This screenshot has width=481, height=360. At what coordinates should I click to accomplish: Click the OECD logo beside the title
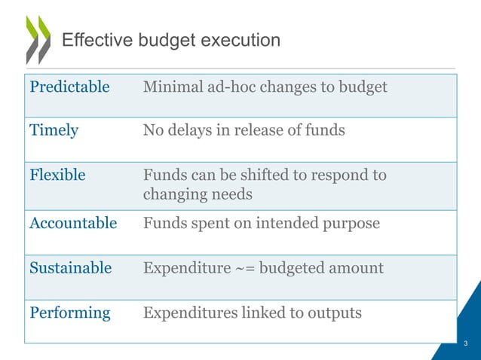(x=37, y=38)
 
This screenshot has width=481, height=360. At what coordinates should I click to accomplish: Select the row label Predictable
(x=69, y=87)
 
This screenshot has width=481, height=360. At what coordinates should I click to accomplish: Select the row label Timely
(x=54, y=130)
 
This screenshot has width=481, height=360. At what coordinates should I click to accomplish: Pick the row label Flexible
(x=57, y=175)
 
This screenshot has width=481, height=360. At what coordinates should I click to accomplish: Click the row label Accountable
(x=73, y=223)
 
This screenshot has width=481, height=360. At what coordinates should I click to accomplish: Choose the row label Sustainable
(x=70, y=268)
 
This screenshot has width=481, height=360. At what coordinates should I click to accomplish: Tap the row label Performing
(x=69, y=312)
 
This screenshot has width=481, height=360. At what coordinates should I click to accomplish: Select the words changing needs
(x=198, y=195)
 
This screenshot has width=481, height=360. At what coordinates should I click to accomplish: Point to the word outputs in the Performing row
(x=335, y=312)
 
